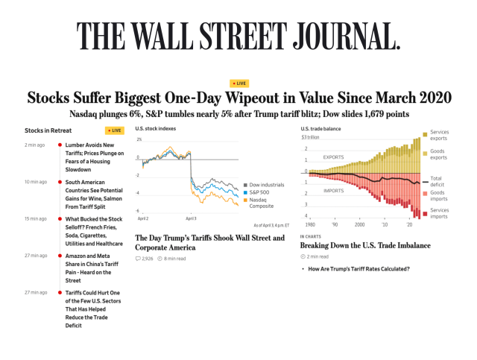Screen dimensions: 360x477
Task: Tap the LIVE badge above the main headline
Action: tap(238, 83)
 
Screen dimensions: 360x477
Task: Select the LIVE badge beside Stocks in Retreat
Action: tap(115, 130)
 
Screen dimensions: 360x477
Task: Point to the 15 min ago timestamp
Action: tap(35, 218)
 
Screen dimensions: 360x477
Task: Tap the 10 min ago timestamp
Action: tap(35, 182)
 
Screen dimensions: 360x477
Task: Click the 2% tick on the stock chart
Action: tap(139, 139)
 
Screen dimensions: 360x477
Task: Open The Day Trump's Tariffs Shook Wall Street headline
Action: tap(209, 242)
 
